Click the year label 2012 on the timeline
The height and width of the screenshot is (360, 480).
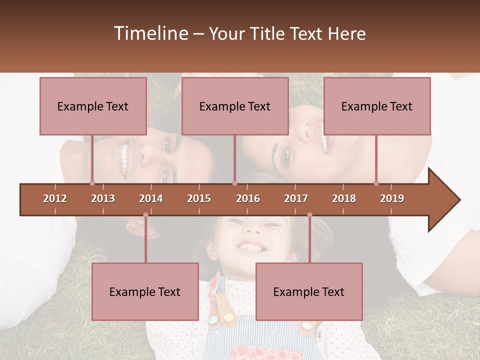[55, 198]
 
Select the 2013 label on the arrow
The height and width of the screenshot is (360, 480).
[103, 198]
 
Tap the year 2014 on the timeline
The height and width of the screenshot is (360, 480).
[151, 198]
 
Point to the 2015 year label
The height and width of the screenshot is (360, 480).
[199, 198]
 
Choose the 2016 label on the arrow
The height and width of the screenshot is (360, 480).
[248, 198]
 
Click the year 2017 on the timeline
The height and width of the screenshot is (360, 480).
[296, 198]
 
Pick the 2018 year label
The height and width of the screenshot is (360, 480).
[344, 198]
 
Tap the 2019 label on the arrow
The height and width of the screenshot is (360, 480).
[392, 198]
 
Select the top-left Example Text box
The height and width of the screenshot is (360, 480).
[93, 106]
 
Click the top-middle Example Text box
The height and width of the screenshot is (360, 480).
[235, 106]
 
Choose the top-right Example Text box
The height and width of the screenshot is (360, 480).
[377, 106]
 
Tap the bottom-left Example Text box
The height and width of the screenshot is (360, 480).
[145, 291]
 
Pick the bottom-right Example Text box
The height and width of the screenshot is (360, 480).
[309, 291]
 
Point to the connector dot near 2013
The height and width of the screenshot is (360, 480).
[92, 183]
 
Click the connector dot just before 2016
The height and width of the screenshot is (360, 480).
[234, 183]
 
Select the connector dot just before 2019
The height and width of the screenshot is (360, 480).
[376, 183]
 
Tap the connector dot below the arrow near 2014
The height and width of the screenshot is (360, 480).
[145, 215]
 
